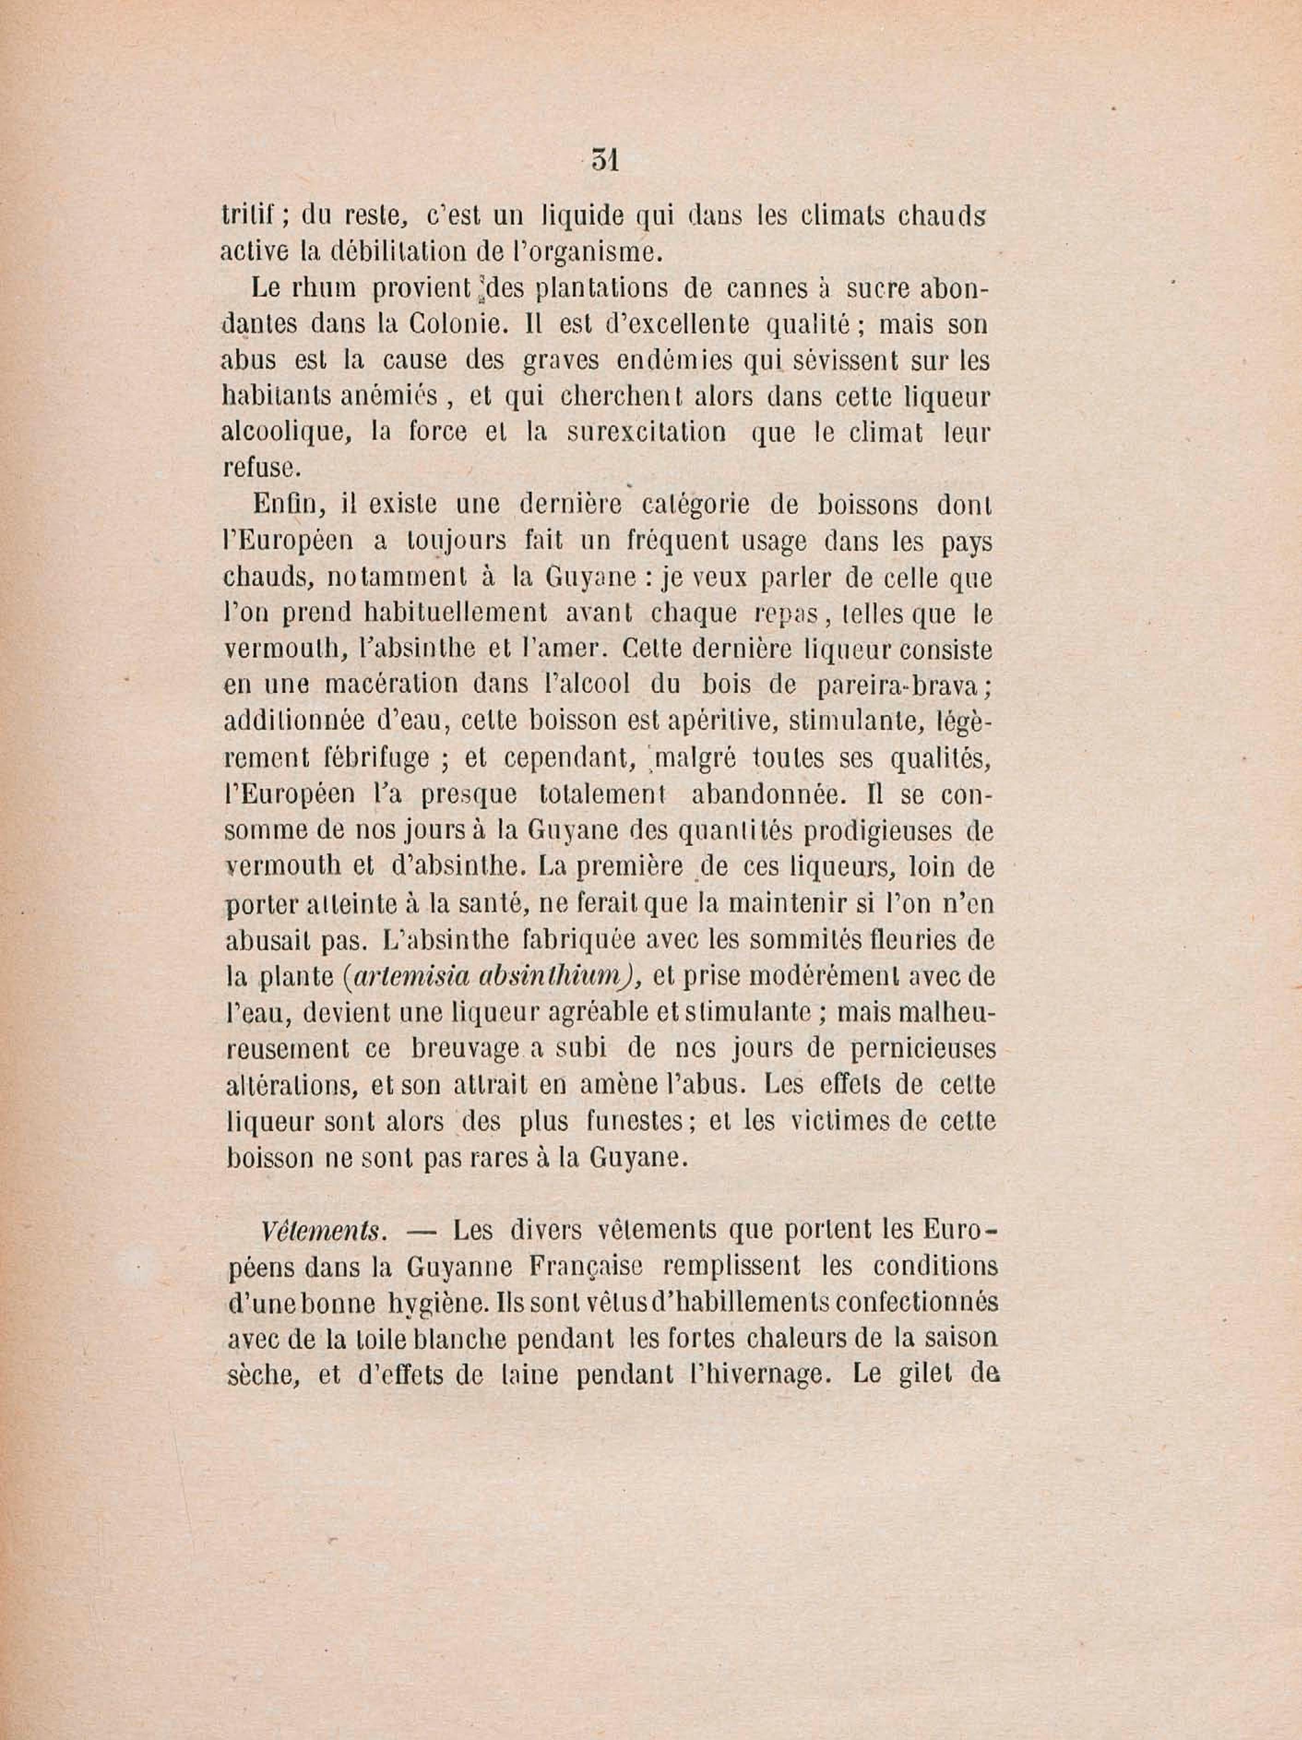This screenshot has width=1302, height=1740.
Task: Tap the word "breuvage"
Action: coord(465,1050)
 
